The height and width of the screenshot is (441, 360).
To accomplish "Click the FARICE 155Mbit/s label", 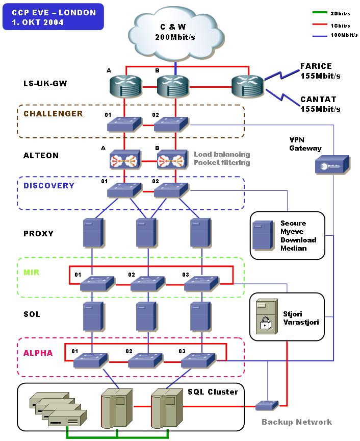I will coord(320,71).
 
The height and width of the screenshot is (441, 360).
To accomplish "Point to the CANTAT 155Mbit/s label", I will coord(320,104).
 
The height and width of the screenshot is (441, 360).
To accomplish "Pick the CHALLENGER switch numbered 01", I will coord(124,123).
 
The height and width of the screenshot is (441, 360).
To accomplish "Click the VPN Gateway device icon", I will coord(331,165).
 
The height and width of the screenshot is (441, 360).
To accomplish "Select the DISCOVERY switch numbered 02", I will coord(170,191).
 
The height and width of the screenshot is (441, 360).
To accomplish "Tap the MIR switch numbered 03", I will coord(200,284).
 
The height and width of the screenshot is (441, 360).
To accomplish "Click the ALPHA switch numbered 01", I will coord(90,361).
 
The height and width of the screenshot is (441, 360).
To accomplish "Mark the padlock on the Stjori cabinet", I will coord(264,324).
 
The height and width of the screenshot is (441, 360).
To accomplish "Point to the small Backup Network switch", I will coord(267,405).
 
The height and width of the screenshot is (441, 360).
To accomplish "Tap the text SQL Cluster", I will coord(213,392).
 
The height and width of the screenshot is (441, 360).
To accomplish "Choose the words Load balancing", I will coord(222,154).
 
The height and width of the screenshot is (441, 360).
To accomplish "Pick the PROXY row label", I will coord(38,234).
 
